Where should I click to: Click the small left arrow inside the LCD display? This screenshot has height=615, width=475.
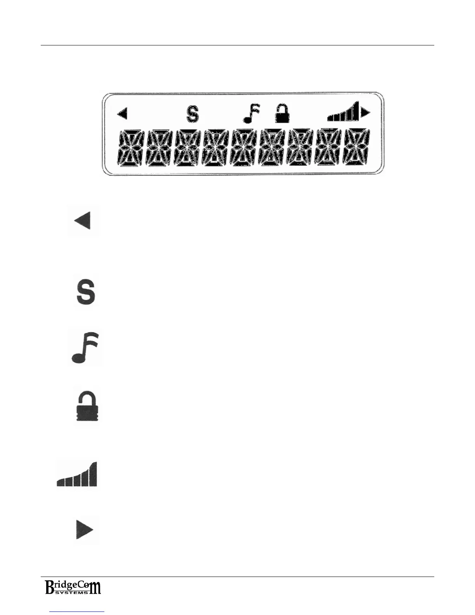(x=122, y=114)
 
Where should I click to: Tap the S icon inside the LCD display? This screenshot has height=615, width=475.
(x=192, y=114)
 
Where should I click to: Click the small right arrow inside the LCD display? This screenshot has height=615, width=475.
(x=366, y=113)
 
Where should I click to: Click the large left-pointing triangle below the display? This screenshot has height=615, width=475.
(x=83, y=221)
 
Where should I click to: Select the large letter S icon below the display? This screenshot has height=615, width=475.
(x=85, y=292)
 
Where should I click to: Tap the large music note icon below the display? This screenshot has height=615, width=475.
(x=85, y=347)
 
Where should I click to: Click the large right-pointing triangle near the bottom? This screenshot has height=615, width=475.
(x=85, y=530)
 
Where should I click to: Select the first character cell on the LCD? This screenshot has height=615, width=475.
(x=131, y=148)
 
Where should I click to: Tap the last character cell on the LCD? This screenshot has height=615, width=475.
(x=357, y=148)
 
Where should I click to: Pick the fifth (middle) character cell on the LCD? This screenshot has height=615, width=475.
(x=244, y=148)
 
